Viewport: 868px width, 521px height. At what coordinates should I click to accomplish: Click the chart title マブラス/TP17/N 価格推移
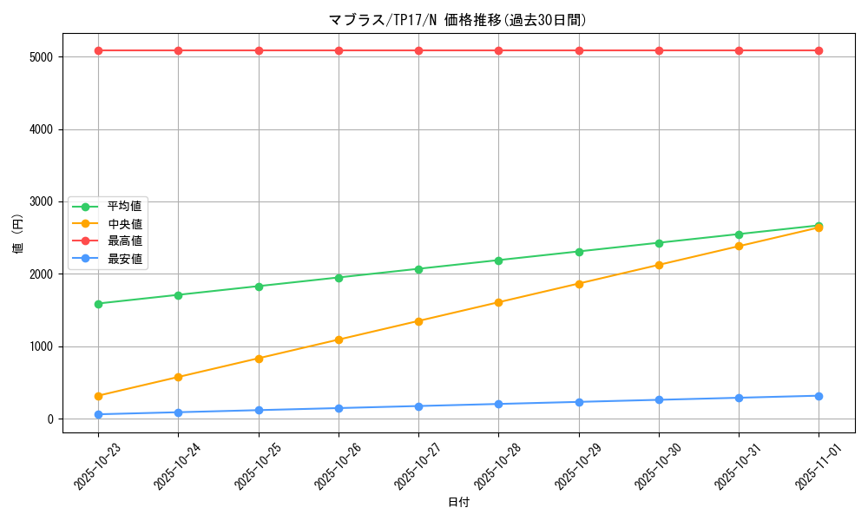(x=457, y=20)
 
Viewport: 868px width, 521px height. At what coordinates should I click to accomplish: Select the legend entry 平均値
(x=124, y=207)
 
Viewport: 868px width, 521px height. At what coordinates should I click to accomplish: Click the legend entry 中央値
(x=124, y=224)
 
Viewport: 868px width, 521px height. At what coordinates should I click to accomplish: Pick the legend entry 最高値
(x=124, y=241)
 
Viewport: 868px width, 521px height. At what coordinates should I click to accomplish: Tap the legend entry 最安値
(x=124, y=259)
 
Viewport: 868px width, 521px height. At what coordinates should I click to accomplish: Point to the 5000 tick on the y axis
(x=40, y=57)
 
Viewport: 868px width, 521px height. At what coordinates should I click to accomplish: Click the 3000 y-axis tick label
(x=40, y=202)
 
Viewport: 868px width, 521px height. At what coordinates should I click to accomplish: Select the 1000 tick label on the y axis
(x=40, y=346)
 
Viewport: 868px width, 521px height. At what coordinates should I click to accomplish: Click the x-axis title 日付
(x=457, y=503)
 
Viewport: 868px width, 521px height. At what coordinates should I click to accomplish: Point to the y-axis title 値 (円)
(x=18, y=234)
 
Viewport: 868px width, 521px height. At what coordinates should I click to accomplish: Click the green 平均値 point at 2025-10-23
(x=98, y=304)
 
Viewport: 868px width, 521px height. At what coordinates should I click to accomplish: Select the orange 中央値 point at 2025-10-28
(x=498, y=302)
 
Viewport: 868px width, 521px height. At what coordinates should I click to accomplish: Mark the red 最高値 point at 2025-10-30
(x=659, y=50)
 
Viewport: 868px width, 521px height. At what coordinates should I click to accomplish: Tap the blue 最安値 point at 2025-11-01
(x=819, y=396)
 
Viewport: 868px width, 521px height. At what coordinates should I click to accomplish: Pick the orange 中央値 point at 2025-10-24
(x=178, y=377)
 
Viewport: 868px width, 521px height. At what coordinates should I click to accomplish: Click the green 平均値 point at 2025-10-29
(x=579, y=252)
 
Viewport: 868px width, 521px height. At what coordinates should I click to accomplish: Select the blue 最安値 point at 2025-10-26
(x=339, y=408)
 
